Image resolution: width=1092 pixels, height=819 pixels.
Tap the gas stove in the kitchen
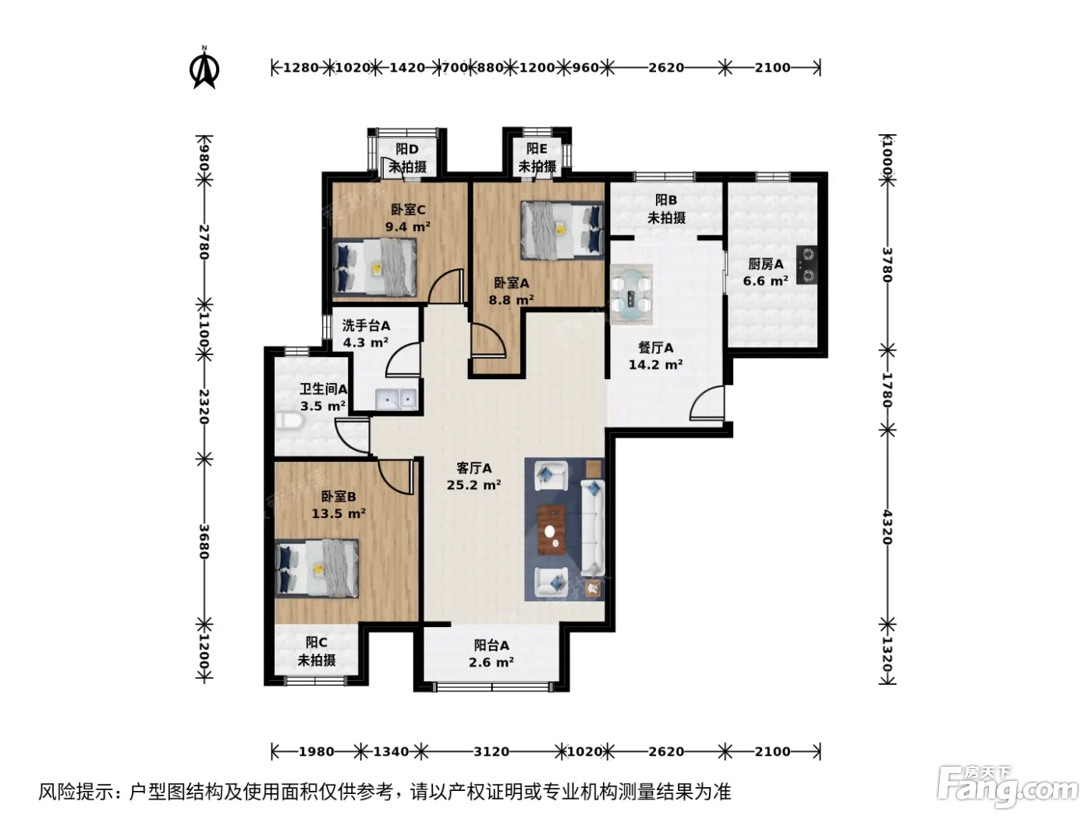[x=806, y=265]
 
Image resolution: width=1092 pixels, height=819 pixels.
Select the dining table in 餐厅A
[x=631, y=294]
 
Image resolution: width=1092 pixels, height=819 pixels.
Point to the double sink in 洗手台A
[x=396, y=399]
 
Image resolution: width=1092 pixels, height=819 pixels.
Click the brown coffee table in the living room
[x=551, y=530]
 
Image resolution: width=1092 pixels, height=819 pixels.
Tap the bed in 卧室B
[x=317, y=569]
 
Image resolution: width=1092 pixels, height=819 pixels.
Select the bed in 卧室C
[x=374, y=268]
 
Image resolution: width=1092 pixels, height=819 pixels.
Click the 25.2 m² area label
[x=473, y=485]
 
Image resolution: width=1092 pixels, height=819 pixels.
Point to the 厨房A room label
[x=766, y=264]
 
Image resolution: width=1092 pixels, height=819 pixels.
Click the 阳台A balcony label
[x=491, y=646]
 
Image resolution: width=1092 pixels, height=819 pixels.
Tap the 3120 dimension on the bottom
[x=491, y=751]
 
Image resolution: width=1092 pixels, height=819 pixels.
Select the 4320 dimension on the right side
[x=887, y=527]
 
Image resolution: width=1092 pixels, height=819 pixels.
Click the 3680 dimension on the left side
[x=204, y=541]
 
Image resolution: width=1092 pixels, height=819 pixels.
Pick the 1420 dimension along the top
[x=407, y=67]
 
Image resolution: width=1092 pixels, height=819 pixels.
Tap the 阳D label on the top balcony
[x=407, y=149]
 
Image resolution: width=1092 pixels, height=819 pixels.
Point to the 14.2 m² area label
[x=655, y=364]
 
